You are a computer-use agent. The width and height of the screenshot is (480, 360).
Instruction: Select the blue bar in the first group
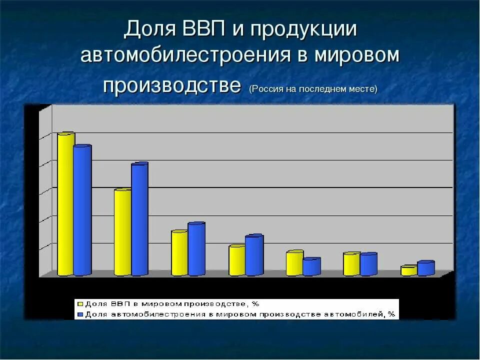tap(82, 210)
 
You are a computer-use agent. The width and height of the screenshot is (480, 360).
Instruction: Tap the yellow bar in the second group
tap(122, 232)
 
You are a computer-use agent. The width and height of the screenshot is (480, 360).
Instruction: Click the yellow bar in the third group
tap(179, 253)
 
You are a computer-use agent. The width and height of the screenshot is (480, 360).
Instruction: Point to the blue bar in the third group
tap(196, 249)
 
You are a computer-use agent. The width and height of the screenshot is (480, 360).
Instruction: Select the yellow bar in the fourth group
tap(237, 260)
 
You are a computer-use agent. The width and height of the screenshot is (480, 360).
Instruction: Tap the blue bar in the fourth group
tap(254, 255)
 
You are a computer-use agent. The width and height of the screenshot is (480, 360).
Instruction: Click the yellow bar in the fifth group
tap(294, 263)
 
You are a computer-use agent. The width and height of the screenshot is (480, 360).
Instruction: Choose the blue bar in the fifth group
tap(311, 266)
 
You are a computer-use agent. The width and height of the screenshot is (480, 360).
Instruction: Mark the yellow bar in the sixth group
tap(352, 264)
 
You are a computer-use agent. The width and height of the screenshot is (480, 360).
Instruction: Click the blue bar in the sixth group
tap(368, 264)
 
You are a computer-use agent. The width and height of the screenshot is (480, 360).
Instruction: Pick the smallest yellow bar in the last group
tap(408, 271)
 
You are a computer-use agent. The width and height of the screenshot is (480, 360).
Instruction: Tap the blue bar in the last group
tap(426, 268)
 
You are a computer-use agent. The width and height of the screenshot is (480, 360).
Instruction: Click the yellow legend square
tap(79, 303)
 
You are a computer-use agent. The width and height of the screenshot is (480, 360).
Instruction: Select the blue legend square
tap(79, 314)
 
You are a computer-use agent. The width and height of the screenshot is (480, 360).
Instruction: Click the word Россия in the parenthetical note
tap(267, 89)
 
